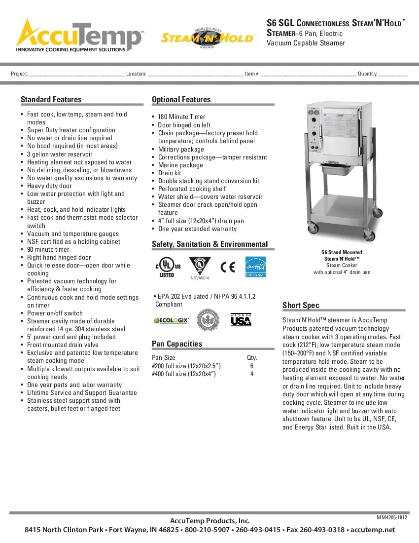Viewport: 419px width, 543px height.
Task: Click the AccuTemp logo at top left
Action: [79, 36]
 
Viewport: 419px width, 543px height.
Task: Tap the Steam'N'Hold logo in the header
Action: [208, 38]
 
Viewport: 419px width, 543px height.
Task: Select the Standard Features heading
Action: [51, 100]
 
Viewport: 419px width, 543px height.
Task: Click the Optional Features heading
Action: [181, 100]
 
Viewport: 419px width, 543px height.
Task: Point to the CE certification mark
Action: [228, 267]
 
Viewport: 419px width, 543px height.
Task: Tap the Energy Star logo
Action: [255, 267]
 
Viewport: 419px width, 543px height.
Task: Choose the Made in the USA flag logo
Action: [241, 319]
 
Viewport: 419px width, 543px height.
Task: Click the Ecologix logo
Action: [171, 320]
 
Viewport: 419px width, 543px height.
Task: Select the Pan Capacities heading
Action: [177, 344]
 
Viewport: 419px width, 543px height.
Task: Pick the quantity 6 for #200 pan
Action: [251, 366]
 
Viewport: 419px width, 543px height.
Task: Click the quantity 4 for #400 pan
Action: [251, 374]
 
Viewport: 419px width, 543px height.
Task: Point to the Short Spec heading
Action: [301, 305]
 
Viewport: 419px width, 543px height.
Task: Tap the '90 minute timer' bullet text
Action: [48, 250]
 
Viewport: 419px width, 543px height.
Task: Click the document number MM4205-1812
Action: [392, 517]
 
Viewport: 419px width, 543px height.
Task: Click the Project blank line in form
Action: [76, 74]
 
